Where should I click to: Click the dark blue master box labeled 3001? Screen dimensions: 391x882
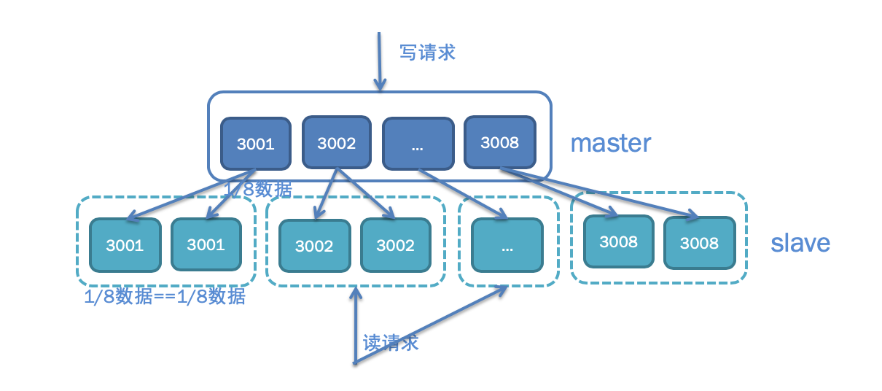tap(256, 143)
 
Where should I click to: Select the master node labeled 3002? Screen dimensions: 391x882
tap(336, 142)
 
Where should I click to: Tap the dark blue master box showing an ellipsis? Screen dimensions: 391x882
tap(418, 144)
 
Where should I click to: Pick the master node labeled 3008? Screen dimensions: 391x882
tap(499, 142)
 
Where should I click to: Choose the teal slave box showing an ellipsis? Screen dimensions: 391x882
tap(507, 245)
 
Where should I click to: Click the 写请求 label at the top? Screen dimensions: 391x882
tap(427, 53)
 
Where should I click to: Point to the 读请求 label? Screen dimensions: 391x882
tap(391, 343)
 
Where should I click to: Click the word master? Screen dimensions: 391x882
tap(610, 143)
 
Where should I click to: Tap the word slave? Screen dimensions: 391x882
tap(800, 243)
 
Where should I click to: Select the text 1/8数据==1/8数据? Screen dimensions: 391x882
tap(165, 298)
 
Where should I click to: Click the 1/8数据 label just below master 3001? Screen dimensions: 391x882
tap(259, 190)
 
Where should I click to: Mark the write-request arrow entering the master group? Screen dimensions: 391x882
tap(378, 62)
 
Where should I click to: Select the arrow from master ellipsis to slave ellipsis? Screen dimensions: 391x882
tap(464, 194)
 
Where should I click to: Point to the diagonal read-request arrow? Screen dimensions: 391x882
tap(430, 325)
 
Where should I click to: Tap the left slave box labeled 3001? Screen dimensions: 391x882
tap(125, 245)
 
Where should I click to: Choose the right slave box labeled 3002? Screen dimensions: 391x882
tap(395, 245)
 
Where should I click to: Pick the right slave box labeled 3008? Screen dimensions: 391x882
tap(699, 243)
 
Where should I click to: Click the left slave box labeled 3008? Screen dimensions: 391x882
tap(618, 241)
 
